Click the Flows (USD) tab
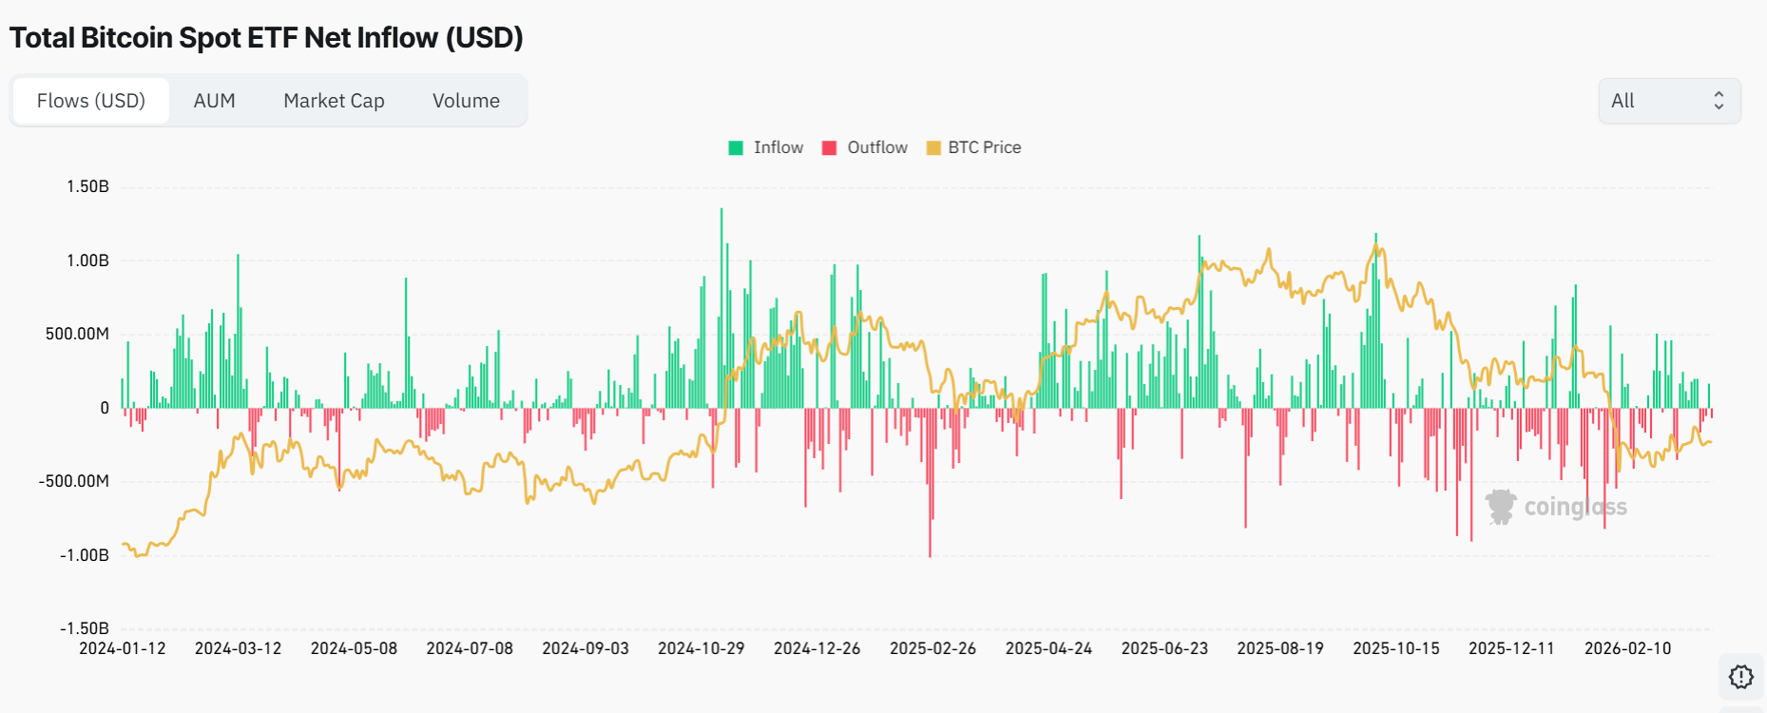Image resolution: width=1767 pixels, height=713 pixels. pos(91,101)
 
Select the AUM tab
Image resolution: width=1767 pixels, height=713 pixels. pos(214,101)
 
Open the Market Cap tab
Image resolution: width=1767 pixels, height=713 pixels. pos(334,101)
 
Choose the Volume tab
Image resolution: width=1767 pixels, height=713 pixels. pos(466,101)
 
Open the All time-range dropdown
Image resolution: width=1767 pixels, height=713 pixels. pos(1669,101)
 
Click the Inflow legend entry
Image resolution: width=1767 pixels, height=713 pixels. pos(766,147)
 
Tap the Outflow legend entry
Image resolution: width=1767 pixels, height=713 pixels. pos(865,147)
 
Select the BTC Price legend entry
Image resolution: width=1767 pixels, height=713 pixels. pos(974,147)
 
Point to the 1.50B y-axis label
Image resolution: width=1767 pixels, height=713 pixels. pos(87,186)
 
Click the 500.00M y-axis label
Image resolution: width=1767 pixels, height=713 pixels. pos(77,334)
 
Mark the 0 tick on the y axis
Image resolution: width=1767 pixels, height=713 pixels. pos(105,408)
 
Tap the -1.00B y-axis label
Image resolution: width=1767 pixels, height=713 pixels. pos(85,555)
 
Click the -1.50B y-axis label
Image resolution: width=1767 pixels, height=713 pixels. pos(85,628)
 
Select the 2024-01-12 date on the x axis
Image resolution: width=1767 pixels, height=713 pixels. pos(122,648)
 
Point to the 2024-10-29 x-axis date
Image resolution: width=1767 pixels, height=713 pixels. pos(701,648)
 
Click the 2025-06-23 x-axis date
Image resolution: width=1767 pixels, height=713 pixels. pos(1164,648)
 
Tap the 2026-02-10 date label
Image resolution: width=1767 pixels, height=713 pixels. pos(1627,648)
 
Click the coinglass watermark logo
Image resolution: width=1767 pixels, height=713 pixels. pos(1556,507)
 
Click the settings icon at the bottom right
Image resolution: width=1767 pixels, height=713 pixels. pos(1740,677)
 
